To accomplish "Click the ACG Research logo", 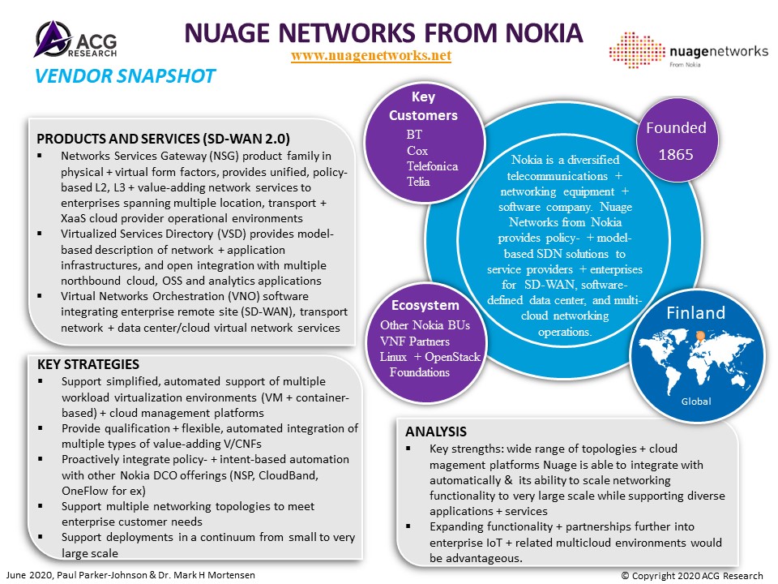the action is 76,39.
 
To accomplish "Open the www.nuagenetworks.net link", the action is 371,55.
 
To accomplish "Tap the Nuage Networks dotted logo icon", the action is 637,49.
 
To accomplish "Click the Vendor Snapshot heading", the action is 125,76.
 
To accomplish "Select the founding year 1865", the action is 676,154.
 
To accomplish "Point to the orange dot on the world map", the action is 700,336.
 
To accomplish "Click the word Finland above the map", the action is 695,313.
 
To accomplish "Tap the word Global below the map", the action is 696,401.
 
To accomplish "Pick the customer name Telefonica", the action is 432,165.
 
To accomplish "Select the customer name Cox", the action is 417,151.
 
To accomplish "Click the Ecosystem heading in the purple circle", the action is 425,305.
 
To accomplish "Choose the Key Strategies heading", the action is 88,364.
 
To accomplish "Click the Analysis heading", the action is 436,432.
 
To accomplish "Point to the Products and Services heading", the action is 163,139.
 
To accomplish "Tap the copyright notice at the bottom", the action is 692,576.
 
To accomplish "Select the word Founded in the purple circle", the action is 676,127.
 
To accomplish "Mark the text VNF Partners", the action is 415,341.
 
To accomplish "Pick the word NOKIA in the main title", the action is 544,32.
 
